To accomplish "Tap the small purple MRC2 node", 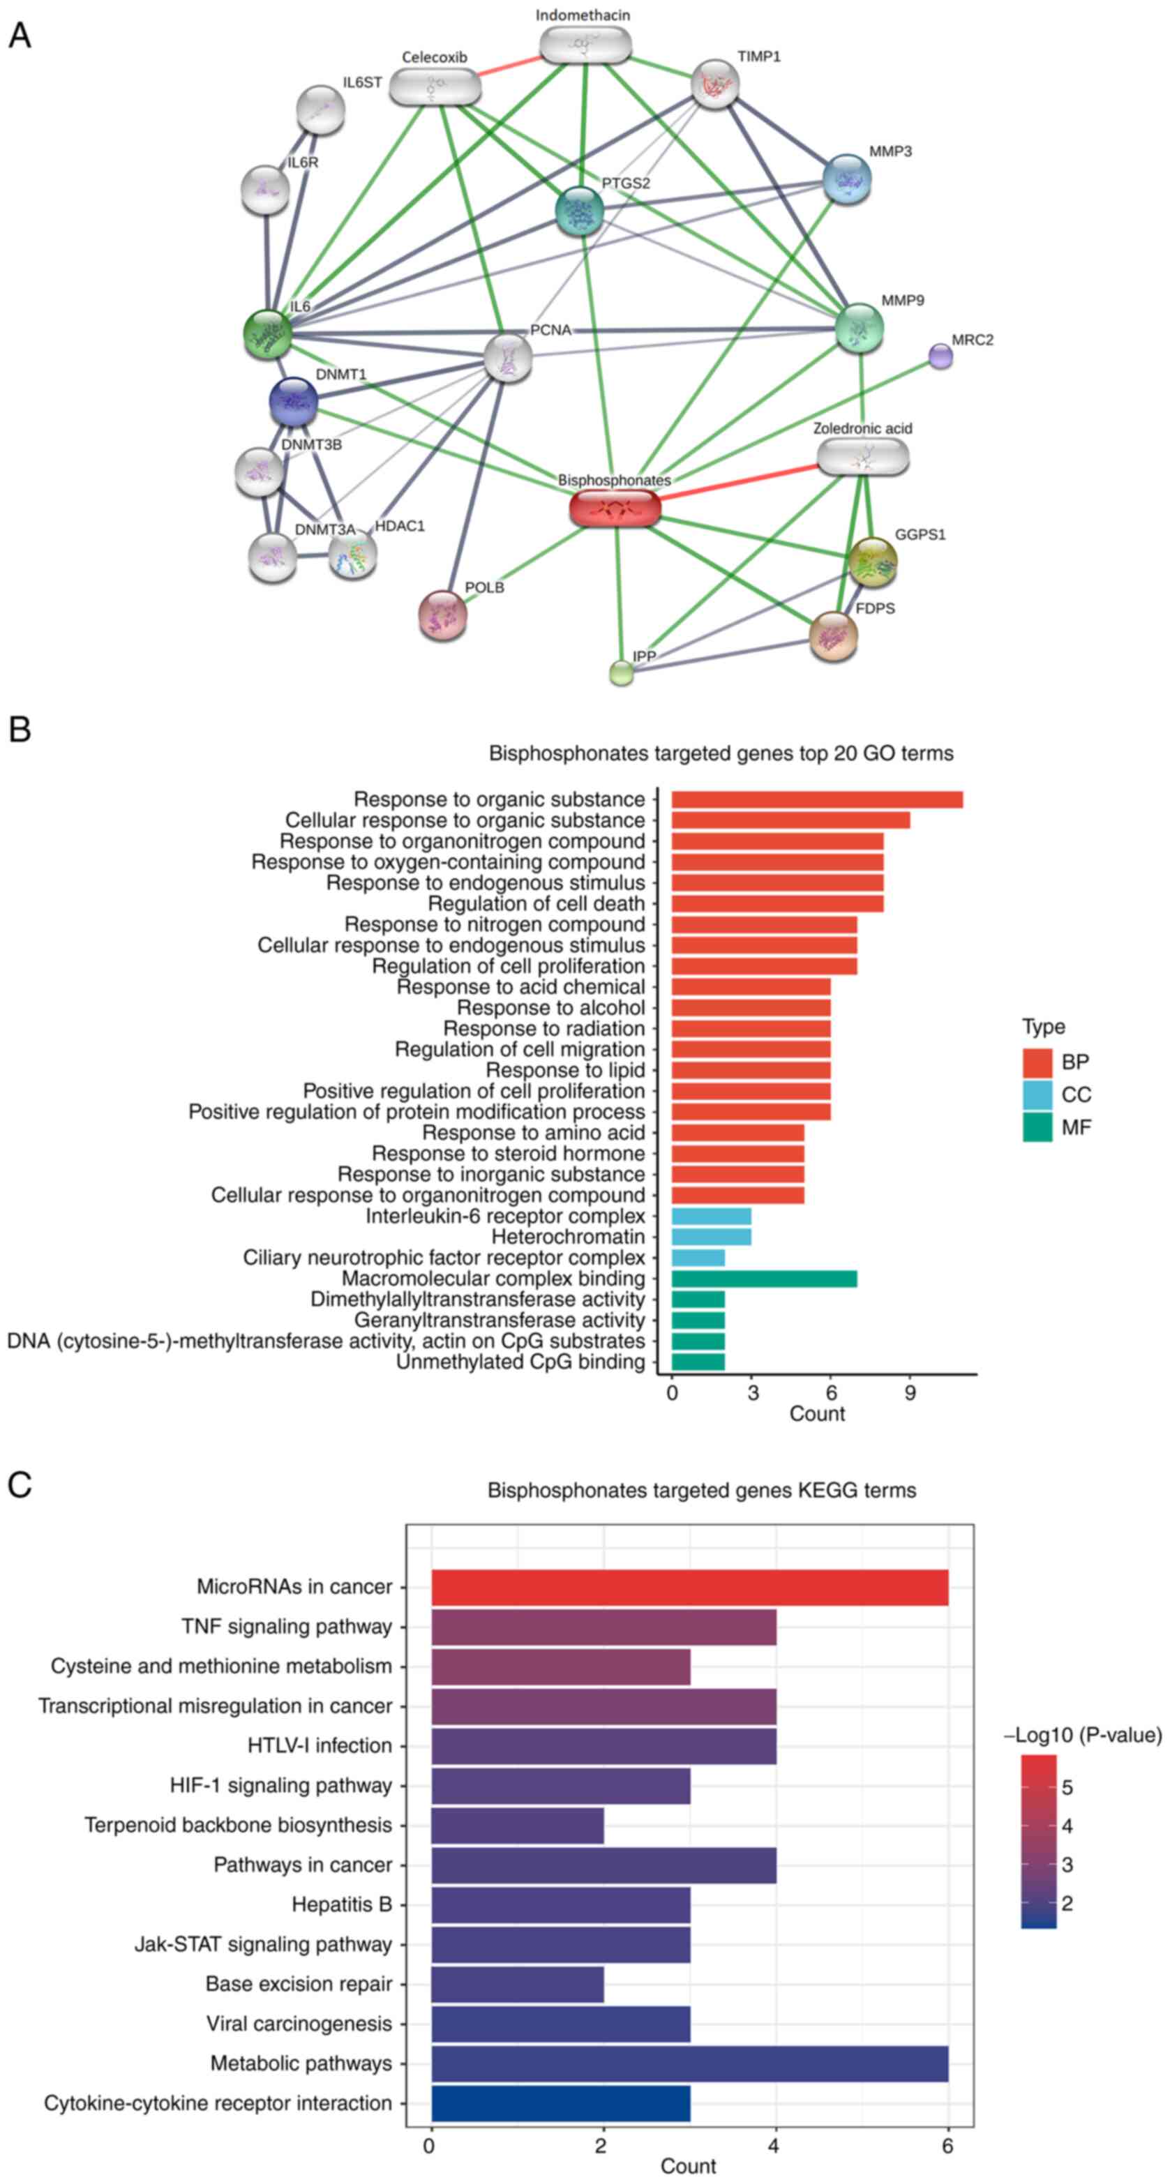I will point(940,356).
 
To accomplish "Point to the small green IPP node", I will point(622,672).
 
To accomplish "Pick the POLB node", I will point(442,615).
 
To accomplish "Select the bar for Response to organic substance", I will point(817,799).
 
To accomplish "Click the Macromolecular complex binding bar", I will point(763,1278).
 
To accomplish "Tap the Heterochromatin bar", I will point(711,1237).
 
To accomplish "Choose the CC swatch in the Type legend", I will point(1036,1094).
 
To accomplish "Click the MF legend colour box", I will point(1036,1127).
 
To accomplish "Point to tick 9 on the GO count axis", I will point(910,1394).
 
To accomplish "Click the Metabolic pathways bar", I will point(689,2063).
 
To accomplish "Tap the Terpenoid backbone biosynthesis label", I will point(238,1826).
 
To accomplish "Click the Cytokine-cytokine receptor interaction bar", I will point(560,2103).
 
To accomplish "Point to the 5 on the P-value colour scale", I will point(1067,1787).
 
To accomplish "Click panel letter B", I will point(20,730).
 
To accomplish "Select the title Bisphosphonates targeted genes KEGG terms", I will point(701,1490).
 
